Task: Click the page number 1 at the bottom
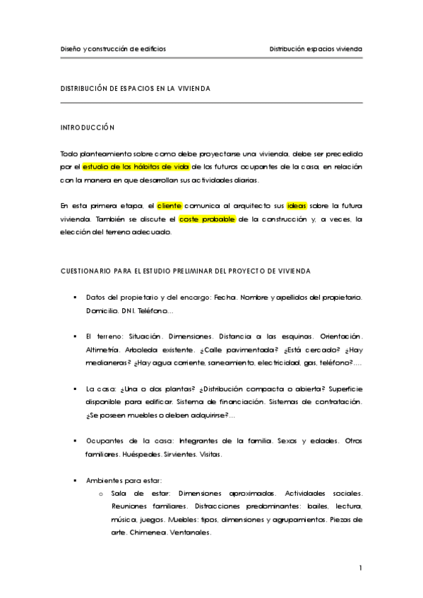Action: pos(360,568)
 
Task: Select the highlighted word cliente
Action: pos(169,205)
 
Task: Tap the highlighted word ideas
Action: pos(297,205)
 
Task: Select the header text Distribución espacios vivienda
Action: pos(316,49)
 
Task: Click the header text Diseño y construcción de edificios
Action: pos(113,49)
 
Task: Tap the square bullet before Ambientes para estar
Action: pos(75,480)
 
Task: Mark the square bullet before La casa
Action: pos(75,389)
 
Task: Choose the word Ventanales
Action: pos(191,532)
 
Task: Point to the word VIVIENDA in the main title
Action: pos(189,89)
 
